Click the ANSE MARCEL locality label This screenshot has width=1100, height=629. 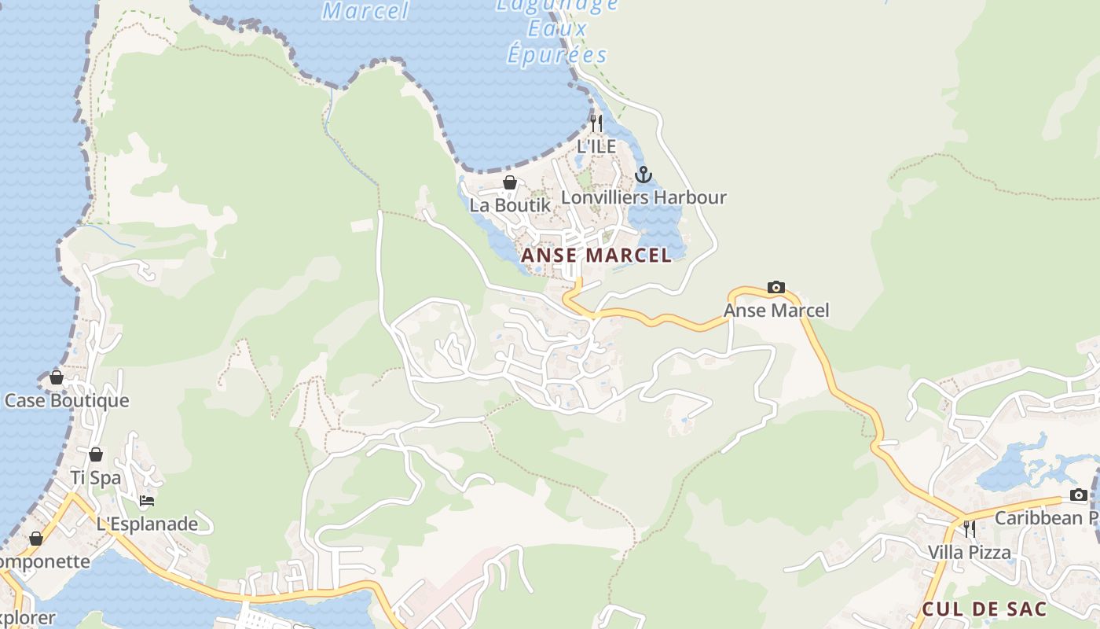coord(596,255)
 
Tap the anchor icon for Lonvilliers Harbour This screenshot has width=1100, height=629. coord(643,175)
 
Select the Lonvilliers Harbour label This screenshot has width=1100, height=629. coord(643,197)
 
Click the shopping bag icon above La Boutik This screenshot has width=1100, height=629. coord(510,183)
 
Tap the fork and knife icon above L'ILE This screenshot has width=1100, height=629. coord(596,123)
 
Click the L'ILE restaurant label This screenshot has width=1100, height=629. coord(596,146)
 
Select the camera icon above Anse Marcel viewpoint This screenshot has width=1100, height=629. coord(775,288)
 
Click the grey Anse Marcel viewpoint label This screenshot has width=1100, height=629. coord(775,311)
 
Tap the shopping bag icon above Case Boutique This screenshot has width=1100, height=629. coord(57,378)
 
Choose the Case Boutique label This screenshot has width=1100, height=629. coord(67,400)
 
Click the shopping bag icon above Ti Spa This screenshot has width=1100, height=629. coord(96,455)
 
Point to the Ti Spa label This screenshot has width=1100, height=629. coord(96,477)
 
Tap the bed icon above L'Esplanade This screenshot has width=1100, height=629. coord(146,501)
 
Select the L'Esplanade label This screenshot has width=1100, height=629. coord(147,524)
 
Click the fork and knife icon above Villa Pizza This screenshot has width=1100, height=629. coord(970,529)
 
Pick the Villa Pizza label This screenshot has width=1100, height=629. coord(970,552)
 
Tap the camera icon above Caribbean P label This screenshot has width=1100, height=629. coord(1079,495)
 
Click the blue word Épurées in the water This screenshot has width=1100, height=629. coord(557,55)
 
